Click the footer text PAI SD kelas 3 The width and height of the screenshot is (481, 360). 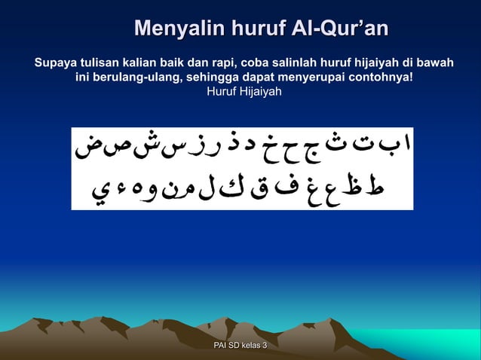240,345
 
